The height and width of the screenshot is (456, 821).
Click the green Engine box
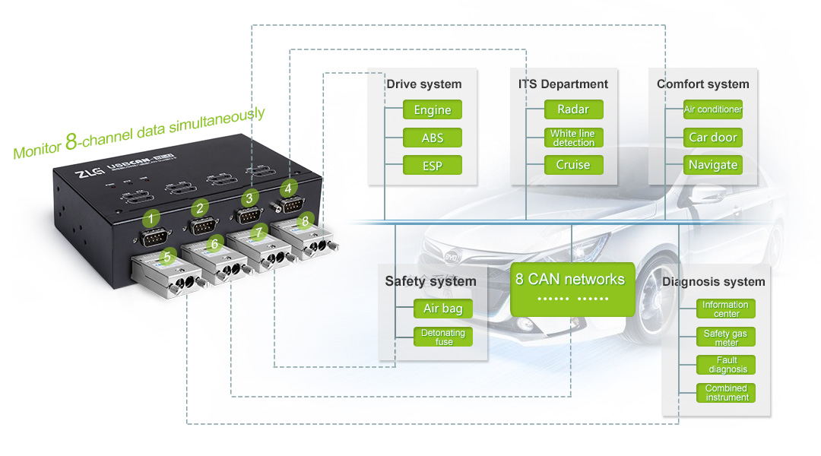(433, 110)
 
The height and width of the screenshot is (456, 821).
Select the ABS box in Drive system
(433, 138)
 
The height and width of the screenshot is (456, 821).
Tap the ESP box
(433, 165)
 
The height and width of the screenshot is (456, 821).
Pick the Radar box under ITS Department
(573, 109)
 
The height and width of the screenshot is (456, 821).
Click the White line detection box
(573, 138)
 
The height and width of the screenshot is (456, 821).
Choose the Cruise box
(573, 165)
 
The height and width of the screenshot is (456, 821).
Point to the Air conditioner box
(713, 109)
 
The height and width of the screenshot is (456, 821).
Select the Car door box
(713, 138)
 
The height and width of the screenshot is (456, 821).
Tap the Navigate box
(713, 165)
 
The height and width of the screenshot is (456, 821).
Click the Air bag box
(443, 309)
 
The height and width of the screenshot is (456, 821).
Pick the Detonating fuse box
(443, 337)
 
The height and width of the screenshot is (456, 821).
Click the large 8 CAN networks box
(570, 288)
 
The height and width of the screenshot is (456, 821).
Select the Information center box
(726, 309)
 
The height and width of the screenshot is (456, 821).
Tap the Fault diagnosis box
(726, 365)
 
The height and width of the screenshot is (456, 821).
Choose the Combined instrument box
(726, 393)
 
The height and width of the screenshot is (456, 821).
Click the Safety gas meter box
(726, 337)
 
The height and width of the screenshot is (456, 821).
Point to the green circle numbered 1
(152, 219)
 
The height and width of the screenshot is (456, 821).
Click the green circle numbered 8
(305, 221)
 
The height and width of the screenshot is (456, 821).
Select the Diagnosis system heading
(714, 281)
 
